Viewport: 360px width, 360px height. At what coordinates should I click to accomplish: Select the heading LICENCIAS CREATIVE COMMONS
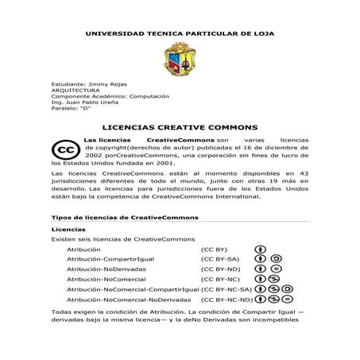[x=181, y=126]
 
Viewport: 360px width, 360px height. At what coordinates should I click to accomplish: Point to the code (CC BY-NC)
[x=220, y=280]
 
